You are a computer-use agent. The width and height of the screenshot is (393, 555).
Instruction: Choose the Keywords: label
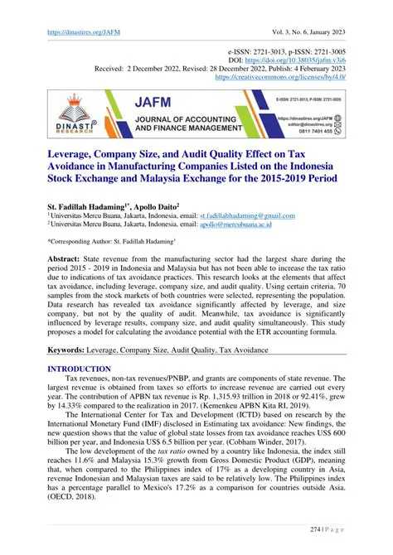coord(71,350)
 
